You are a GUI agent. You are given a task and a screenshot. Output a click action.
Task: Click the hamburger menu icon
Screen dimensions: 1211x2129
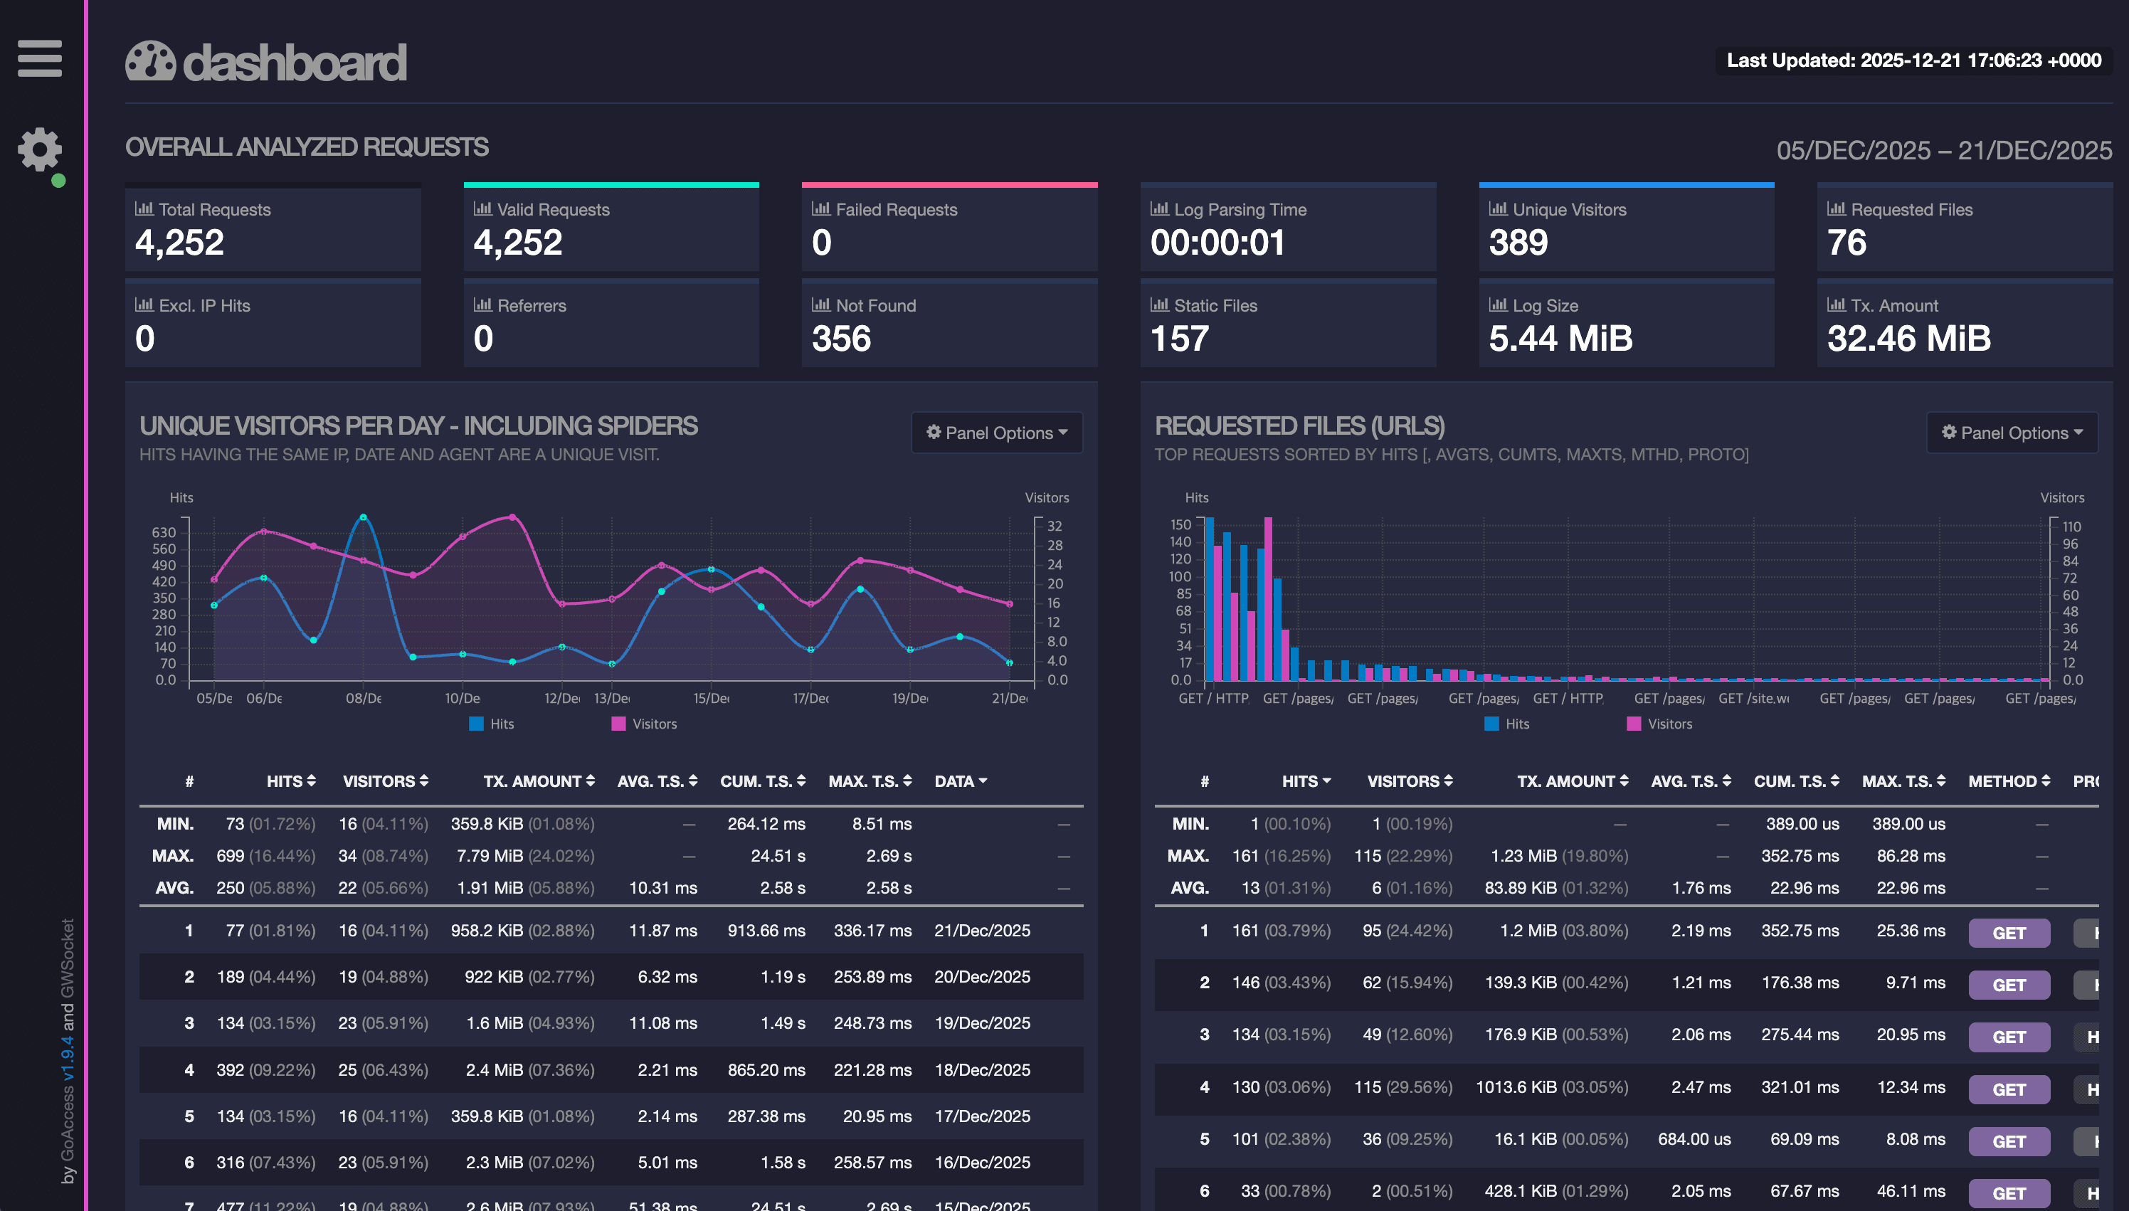39,58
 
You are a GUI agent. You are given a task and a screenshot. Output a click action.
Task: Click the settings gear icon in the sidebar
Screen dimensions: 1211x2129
39,149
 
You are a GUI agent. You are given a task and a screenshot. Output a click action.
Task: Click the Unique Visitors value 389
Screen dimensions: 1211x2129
1518,243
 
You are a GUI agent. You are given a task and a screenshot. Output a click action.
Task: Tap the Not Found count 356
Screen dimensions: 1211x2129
841,339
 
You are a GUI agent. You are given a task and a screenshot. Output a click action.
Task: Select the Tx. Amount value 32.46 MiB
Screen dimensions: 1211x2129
1908,339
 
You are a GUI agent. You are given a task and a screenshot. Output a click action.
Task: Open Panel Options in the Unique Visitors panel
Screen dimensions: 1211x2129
996,433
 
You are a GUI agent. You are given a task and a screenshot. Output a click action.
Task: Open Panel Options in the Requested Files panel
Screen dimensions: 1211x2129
2012,433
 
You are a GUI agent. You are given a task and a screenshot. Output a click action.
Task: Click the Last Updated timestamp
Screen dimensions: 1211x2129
1913,60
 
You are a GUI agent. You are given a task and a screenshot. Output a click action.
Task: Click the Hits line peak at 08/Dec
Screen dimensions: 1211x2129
363,517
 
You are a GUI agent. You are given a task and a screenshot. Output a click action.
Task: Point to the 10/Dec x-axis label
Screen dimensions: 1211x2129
462,699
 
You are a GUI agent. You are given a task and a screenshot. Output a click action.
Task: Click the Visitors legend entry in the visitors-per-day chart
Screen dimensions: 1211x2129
645,724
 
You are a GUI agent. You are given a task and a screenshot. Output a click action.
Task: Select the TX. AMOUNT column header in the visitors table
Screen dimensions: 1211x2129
538,781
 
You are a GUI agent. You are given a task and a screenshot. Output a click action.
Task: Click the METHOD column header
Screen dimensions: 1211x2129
2007,781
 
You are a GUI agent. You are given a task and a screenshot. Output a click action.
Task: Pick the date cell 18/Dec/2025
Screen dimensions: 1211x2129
981,1069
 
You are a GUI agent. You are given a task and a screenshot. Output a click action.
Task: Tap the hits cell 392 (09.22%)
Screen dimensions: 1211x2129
265,1069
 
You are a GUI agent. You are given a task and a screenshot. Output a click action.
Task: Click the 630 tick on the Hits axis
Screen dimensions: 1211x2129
164,532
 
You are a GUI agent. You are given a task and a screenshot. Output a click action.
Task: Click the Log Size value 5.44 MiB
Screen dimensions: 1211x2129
1560,339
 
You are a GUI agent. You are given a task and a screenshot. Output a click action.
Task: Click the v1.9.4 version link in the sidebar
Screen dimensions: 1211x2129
68,1058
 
